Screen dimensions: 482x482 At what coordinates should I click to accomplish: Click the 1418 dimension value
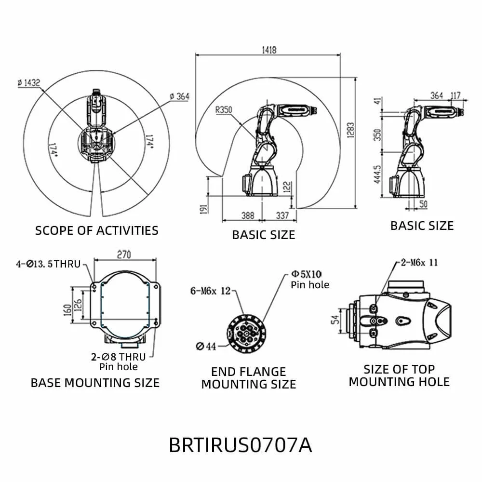point(268,50)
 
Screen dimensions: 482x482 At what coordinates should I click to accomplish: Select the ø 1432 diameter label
point(29,83)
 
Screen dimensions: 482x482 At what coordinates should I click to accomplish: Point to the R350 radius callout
point(224,109)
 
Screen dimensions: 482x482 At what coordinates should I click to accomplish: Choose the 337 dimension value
point(282,215)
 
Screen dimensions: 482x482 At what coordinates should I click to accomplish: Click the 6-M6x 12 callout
point(211,291)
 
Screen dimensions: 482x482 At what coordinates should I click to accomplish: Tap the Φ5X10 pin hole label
point(306,274)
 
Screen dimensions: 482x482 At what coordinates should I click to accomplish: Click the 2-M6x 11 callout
point(419,263)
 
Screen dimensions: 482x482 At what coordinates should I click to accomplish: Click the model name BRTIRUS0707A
point(241,445)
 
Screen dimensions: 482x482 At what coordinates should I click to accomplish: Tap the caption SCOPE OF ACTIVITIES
point(96,230)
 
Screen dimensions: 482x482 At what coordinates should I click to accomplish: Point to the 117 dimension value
point(455,95)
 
